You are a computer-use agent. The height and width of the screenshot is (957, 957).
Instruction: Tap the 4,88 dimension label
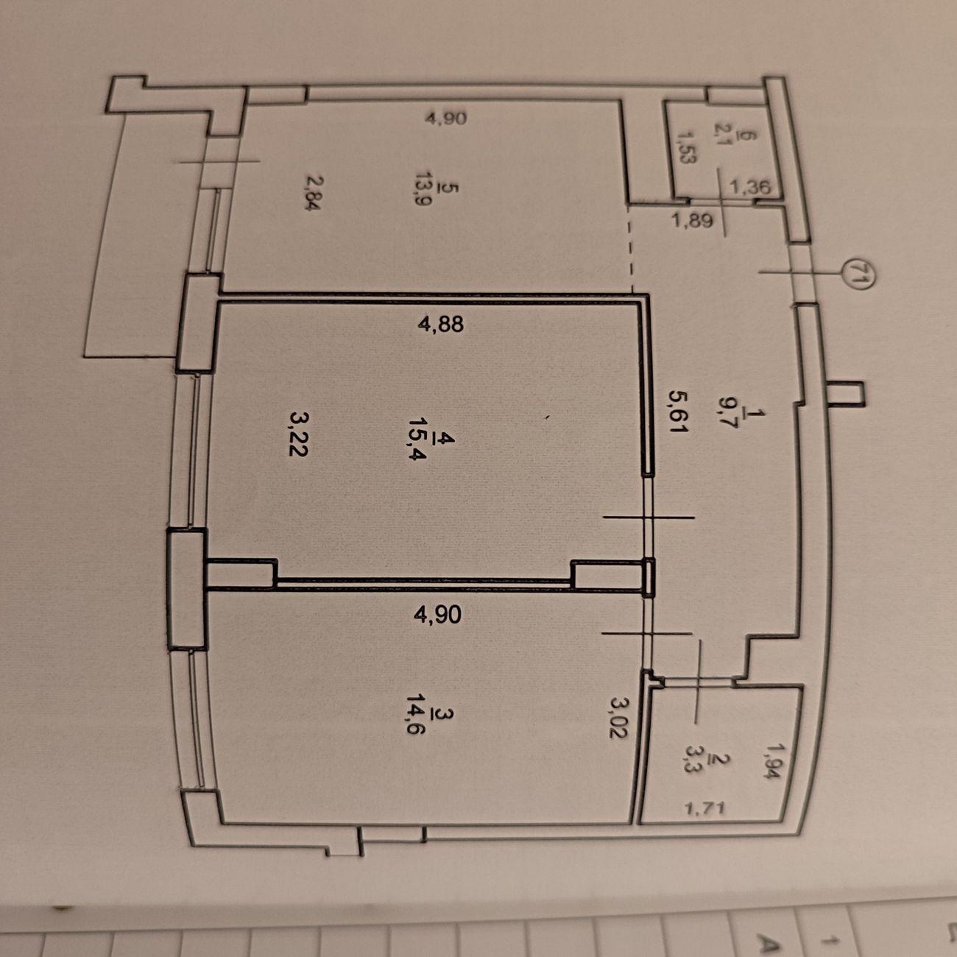pos(440,325)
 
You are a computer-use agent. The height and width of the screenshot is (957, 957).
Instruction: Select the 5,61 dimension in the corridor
pos(678,412)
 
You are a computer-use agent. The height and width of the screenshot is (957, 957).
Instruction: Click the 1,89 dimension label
pos(692,219)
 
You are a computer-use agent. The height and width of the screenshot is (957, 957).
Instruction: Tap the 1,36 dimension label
pos(750,188)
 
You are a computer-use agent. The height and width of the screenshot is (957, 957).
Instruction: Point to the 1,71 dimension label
pos(704,810)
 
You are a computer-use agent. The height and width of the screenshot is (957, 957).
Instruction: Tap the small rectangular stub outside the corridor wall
pos(845,394)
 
